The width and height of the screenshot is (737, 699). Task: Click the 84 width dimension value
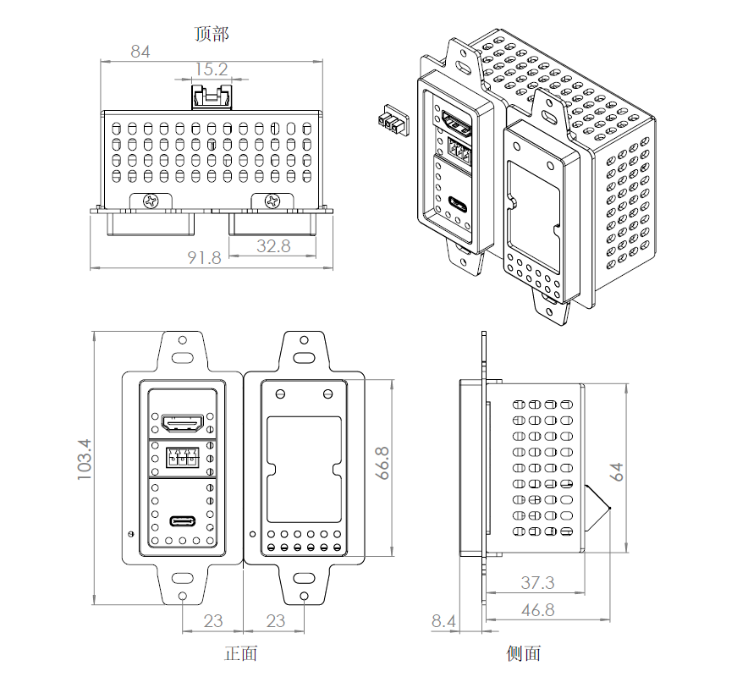tap(140, 52)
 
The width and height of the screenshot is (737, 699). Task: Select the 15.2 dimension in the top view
tap(212, 69)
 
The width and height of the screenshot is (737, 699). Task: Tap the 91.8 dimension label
tap(204, 257)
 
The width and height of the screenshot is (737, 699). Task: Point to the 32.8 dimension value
tap(272, 246)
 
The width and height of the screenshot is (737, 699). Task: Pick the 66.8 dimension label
tap(382, 463)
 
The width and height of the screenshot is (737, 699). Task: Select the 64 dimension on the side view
tap(618, 471)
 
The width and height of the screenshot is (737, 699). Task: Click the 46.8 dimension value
tap(537, 609)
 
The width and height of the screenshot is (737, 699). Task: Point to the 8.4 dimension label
tap(443, 621)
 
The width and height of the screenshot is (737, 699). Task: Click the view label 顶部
tap(212, 34)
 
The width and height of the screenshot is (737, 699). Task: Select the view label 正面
tap(240, 653)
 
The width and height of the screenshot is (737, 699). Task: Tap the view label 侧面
tap(523, 653)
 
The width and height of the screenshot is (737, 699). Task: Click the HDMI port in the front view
tap(182, 421)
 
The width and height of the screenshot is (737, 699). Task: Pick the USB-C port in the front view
tap(182, 520)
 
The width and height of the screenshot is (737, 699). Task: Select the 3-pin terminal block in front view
tap(182, 458)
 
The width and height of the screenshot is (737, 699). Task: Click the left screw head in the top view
tap(151, 201)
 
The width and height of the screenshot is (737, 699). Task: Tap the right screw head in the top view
tap(272, 201)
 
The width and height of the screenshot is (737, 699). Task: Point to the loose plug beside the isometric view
tap(391, 120)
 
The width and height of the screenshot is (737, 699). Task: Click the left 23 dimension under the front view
tap(212, 621)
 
